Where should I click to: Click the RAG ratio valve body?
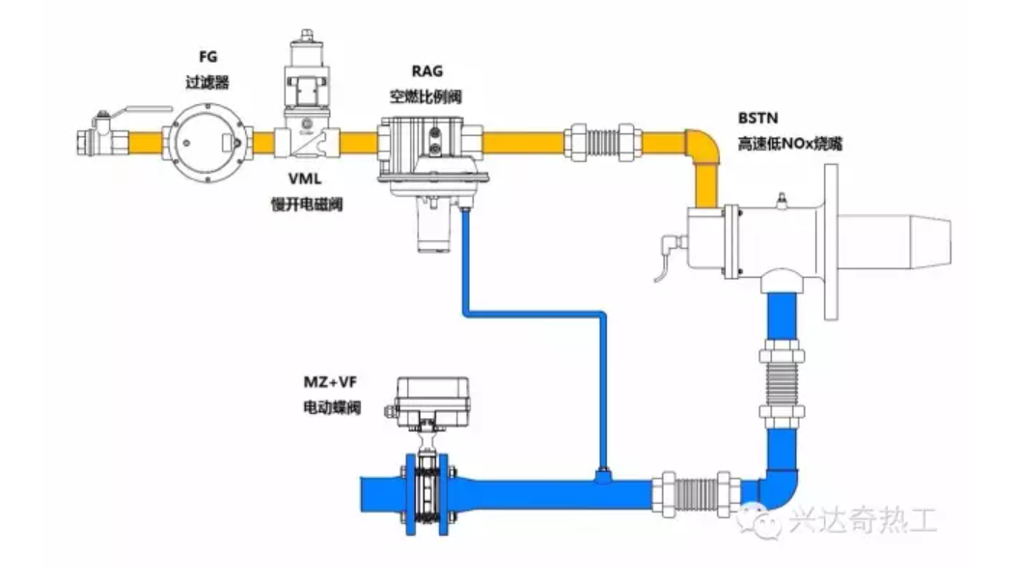(x=430, y=154)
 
